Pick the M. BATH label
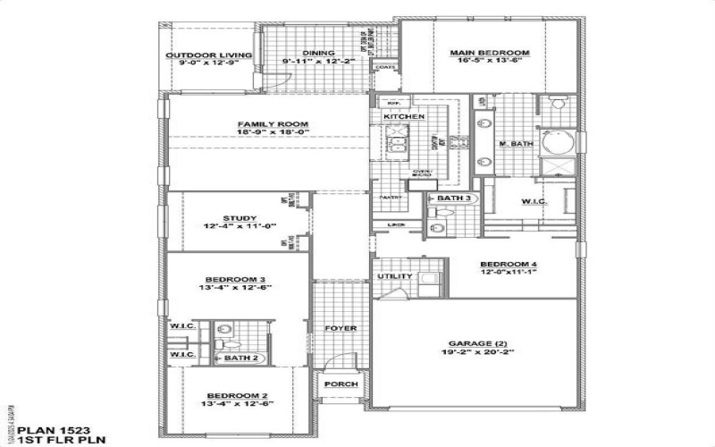click(516, 144)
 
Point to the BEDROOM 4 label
click(509, 264)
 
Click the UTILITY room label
click(394, 276)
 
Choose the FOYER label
click(341, 328)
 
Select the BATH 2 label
click(241, 358)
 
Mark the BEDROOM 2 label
click(237, 396)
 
